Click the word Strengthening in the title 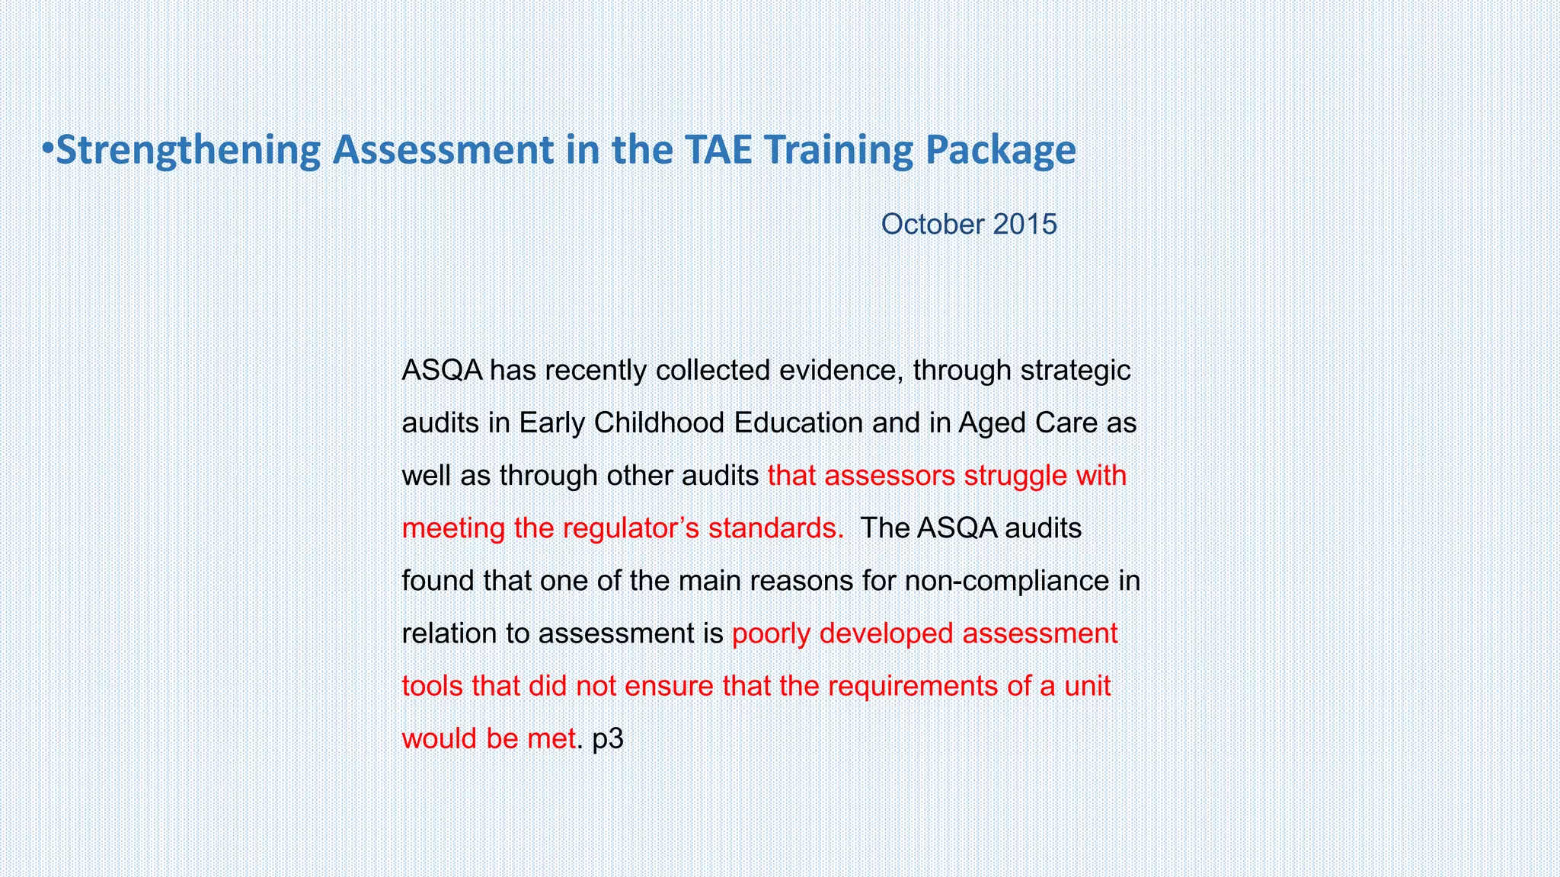(x=188, y=150)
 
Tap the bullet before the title (x=47, y=148)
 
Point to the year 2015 (x=1025, y=225)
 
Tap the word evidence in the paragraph (x=841, y=371)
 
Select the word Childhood (x=660, y=423)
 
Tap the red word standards (x=775, y=528)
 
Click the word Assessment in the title (x=443, y=150)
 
